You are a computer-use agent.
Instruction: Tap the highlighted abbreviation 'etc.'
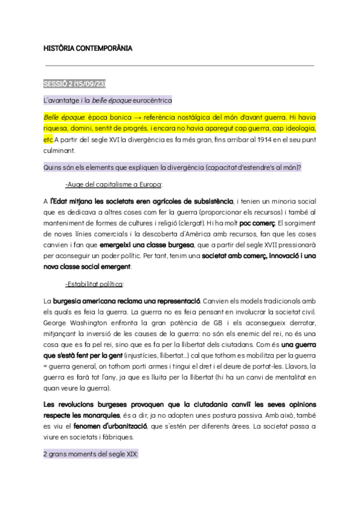pyautogui.click(x=49, y=139)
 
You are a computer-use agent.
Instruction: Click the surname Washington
pyautogui.click(x=83, y=323)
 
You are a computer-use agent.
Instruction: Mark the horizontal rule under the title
pyautogui.click(x=180, y=65)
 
